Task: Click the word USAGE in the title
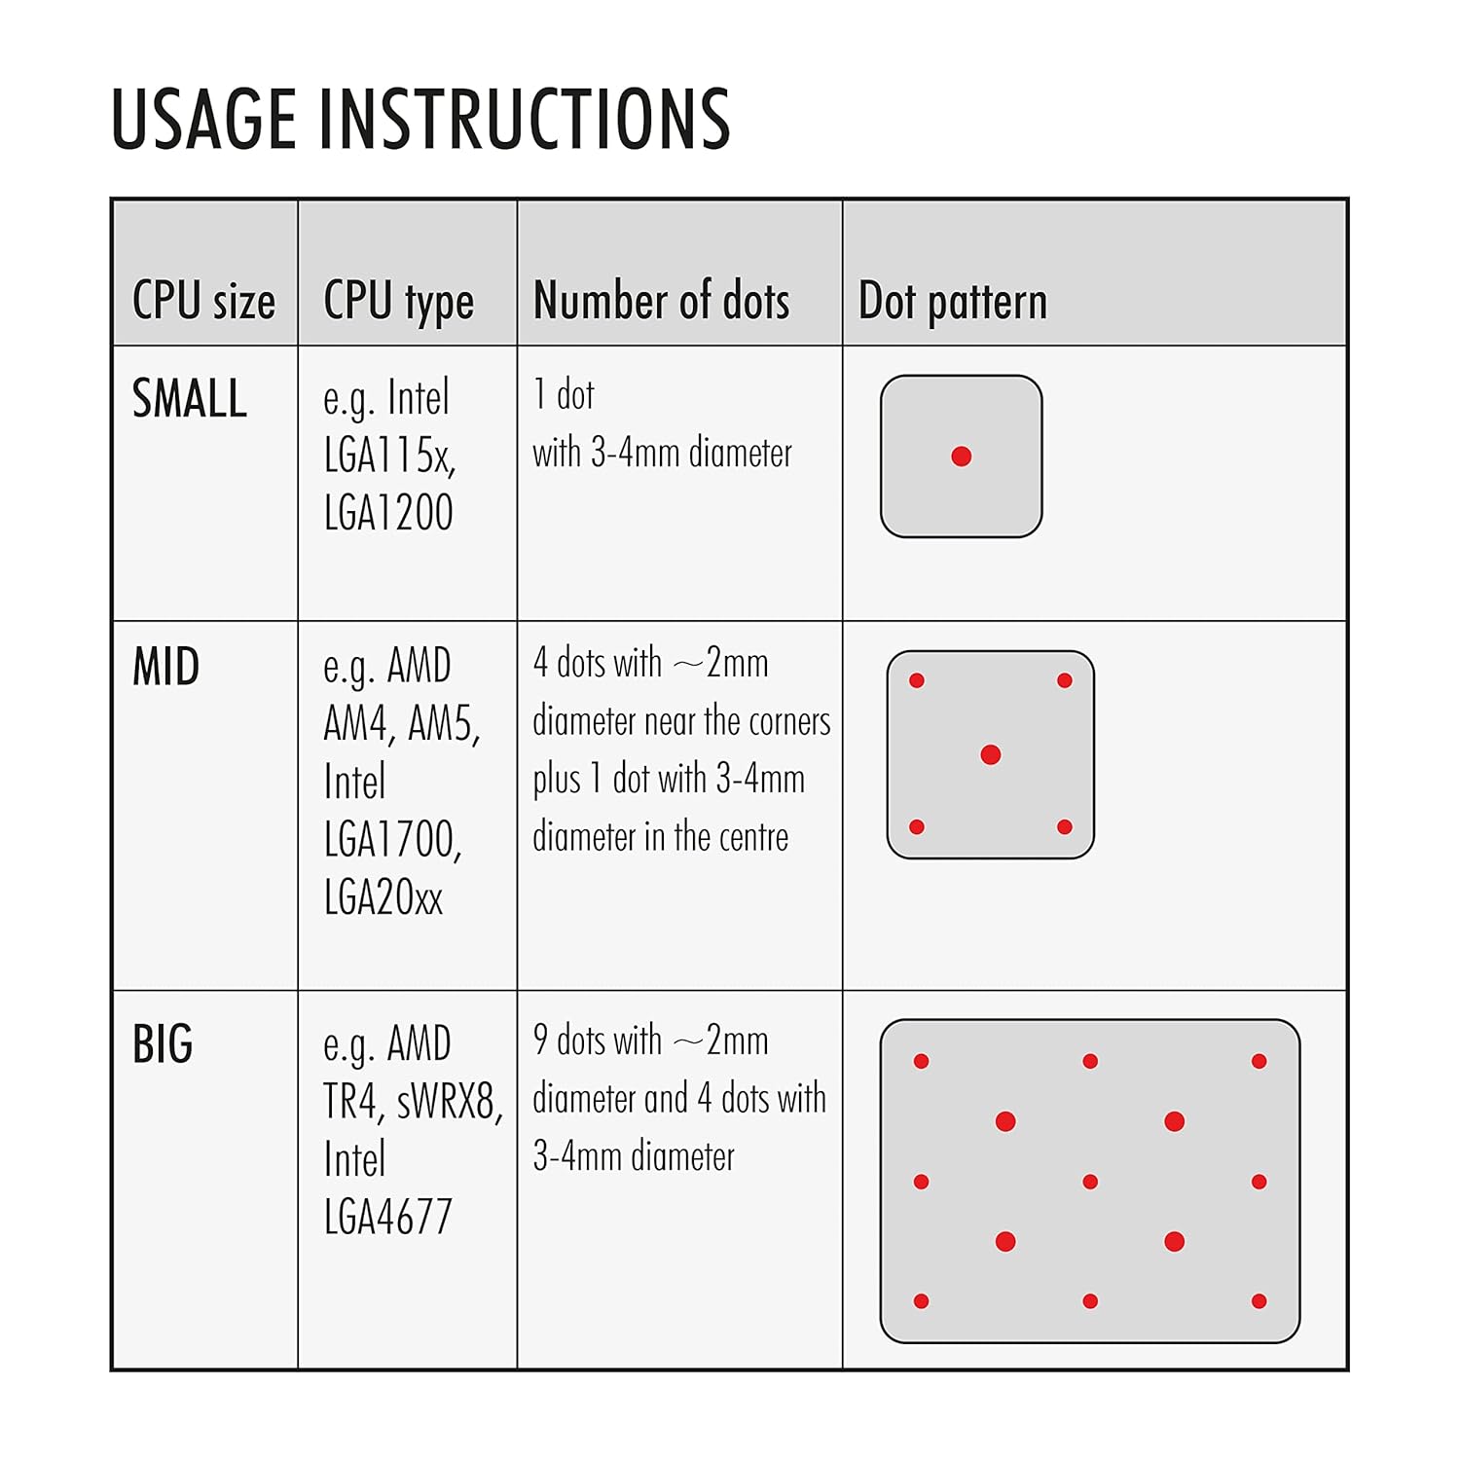tap(204, 119)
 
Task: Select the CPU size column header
tap(203, 300)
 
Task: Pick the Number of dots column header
tap(662, 300)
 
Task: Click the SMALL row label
tap(190, 398)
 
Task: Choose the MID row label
tap(166, 667)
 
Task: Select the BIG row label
tap(163, 1044)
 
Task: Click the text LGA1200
tap(388, 512)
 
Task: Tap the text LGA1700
tap(392, 840)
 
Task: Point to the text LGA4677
tap(388, 1217)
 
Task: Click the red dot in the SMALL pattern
tap(962, 456)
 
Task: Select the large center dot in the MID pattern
tap(991, 754)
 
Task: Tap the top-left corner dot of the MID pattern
tap(917, 680)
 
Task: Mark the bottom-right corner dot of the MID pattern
tap(1065, 827)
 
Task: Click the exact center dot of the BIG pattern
tap(1090, 1182)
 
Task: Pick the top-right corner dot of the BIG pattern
tap(1259, 1061)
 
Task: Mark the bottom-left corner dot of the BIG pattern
tap(922, 1301)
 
